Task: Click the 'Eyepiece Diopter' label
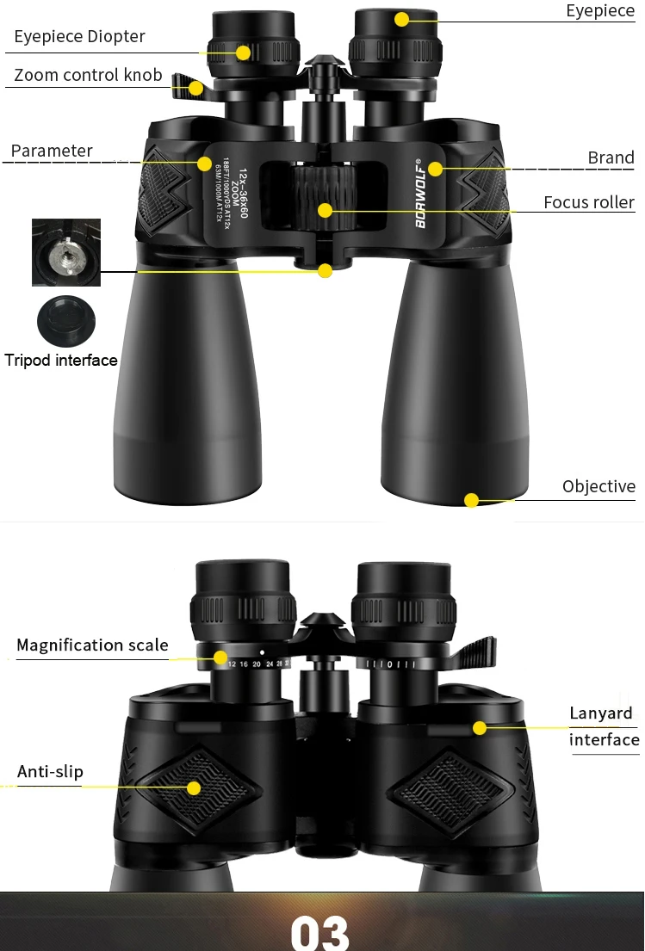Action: pyautogui.click(x=79, y=36)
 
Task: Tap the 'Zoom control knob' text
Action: pyautogui.click(x=88, y=75)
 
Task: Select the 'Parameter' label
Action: pyautogui.click(x=52, y=151)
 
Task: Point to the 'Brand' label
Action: pyautogui.click(x=611, y=157)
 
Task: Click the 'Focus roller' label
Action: pyautogui.click(x=588, y=202)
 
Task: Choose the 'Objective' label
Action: pyautogui.click(x=598, y=486)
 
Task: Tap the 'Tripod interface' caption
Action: pyautogui.click(x=61, y=360)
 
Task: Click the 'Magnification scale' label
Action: pyautogui.click(x=92, y=645)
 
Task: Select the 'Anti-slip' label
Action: pyautogui.click(x=50, y=771)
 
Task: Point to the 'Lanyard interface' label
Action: pyautogui.click(x=604, y=726)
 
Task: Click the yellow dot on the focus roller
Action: pyautogui.click(x=325, y=210)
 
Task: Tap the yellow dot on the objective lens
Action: pyautogui.click(x=471, y=500)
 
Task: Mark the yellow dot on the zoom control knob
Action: pyautogui.click(x=197, y=88)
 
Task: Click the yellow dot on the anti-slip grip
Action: pyautogui.click(x=194, y=787)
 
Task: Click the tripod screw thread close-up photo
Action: pyautogui.click(x=66, y=252)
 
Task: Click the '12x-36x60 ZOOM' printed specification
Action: pyautogui.click(x=239, y=190)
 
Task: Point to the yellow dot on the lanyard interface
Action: pyautogui.click(x=480, y=728)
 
